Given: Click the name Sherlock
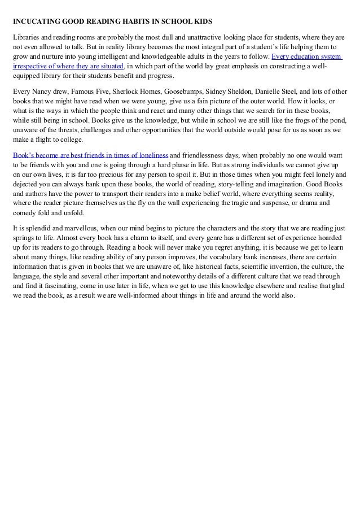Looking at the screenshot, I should [125, 90].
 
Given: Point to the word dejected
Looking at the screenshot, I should [25, 193].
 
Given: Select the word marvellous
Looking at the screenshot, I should [78, 228].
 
